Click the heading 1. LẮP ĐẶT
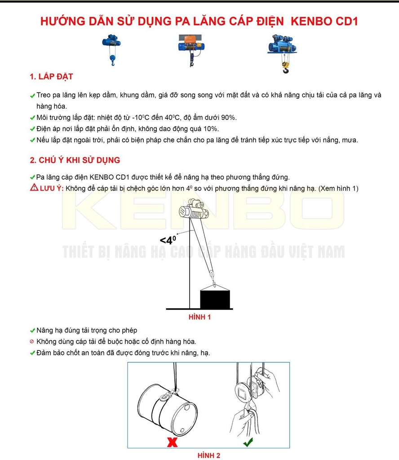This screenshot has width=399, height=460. coord(51,77)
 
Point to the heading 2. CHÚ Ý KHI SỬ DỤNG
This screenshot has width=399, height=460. coord(75,160)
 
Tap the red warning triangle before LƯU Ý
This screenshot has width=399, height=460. coord(34,188)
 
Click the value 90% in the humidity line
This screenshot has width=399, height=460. coord(228,118)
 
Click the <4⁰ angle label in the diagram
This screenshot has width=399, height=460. coord(168,239)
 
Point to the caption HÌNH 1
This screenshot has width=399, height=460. coord(199,317)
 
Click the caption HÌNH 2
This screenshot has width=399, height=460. coord(209,456)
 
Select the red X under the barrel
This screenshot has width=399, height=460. coord(171,442)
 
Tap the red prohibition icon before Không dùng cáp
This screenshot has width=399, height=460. coord(32,342)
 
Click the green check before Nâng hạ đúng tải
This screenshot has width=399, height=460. coord(32,331)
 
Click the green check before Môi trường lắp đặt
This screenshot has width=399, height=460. coord(32,118)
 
